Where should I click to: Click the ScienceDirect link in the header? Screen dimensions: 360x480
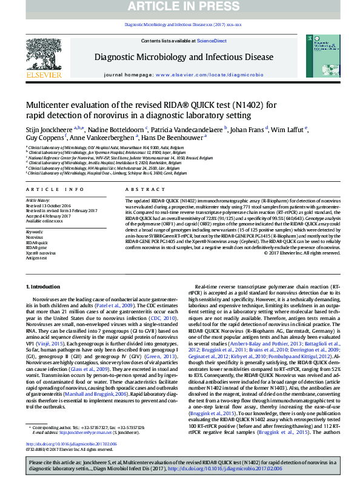pyautogui.click(x=212, y=41)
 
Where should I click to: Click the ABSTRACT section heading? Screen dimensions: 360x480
pyautogui.click(x=137, y=190)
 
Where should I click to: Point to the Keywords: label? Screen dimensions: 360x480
pyautogui.click(x=34, y=231)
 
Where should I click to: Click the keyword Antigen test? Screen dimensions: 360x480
pyautogui.click(x=37, y=257)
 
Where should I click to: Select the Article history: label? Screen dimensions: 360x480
pyautogui.click(x=38, y=200)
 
